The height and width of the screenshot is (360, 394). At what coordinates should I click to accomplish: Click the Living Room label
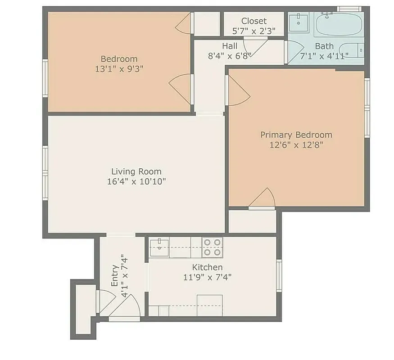click(136, 171)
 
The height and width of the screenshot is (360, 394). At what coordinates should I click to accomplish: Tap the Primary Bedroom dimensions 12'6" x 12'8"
click(296, 145)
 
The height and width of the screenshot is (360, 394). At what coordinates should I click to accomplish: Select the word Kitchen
click(207, 267)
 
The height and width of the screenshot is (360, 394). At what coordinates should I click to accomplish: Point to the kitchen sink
click(159, 247)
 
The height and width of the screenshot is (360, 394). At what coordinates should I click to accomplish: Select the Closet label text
click(254, 21)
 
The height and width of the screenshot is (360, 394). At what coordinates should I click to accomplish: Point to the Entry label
click(115, 276)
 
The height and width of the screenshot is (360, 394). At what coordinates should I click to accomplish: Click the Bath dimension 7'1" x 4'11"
click(324, 56)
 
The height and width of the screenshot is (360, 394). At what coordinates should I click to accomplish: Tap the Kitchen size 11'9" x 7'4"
click(207, 277)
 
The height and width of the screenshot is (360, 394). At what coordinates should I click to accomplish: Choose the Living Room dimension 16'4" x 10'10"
click(136, 182)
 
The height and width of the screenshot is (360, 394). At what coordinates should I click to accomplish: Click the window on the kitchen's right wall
click(279, 275)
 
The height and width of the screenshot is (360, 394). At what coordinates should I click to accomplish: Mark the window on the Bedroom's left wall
click(45, 79)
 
